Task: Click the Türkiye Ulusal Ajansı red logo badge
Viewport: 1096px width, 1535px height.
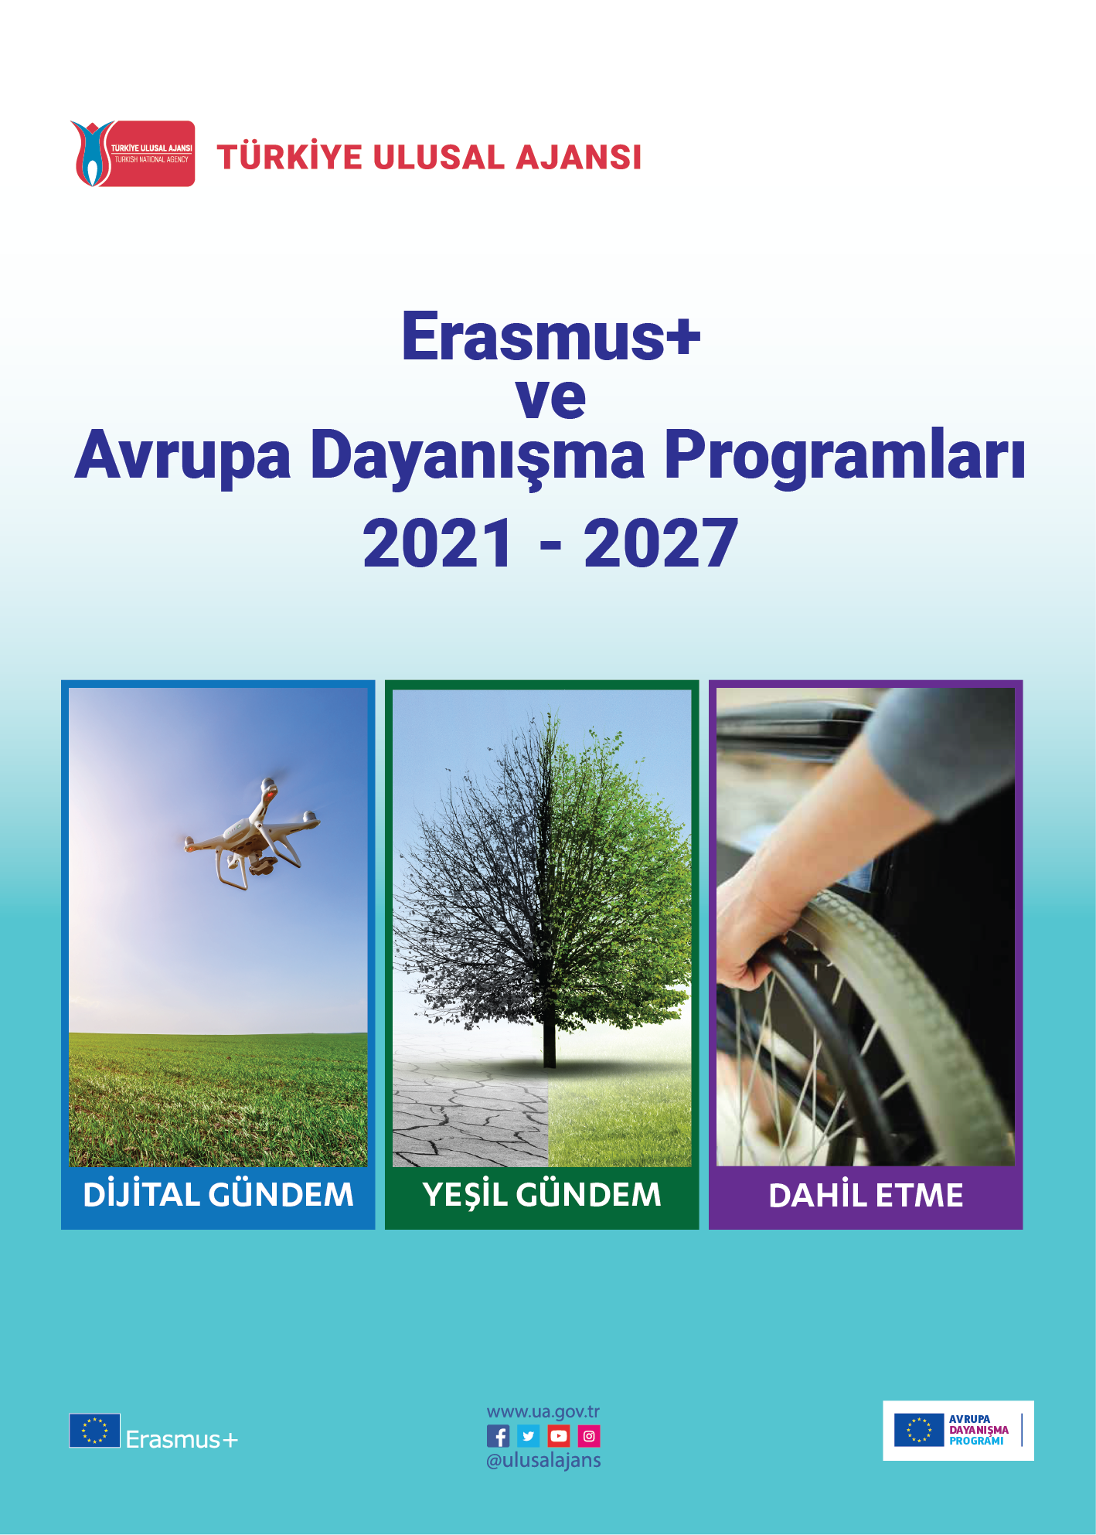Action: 133,154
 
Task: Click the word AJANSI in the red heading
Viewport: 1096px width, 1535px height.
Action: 578,158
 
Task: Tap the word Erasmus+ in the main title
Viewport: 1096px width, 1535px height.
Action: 550,337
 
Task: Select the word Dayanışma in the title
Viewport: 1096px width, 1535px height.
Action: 477,456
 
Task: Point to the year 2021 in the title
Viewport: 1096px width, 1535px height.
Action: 437,543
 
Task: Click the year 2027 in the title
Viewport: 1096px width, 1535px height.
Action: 660,543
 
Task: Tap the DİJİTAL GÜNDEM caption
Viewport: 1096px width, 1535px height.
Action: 218,1195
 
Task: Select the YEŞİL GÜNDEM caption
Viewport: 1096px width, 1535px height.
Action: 542,1195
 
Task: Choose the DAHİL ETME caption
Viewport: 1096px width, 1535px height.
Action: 866,1196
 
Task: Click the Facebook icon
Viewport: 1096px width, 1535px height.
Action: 499,1436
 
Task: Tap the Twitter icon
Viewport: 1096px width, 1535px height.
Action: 529,1436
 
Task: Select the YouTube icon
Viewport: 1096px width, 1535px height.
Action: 558,1436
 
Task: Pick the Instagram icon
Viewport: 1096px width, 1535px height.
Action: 589,1436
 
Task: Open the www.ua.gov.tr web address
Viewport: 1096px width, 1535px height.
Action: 543,1412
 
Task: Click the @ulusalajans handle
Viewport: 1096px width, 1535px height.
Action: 543,1460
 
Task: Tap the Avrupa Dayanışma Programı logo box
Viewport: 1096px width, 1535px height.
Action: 958,1430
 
